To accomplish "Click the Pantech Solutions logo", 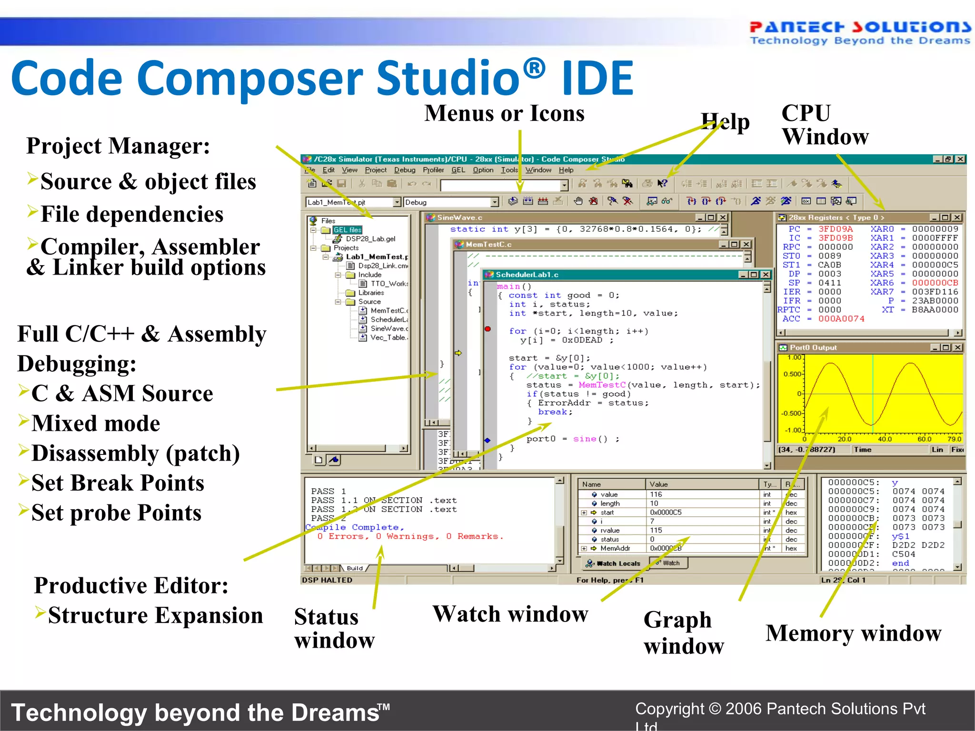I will (x=860, y=32).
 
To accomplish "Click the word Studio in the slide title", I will (x=448, y=79).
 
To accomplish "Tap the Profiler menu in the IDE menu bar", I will (x=433, y=170).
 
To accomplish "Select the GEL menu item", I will (x=458, y=170).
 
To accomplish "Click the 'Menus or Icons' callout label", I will (x=504, y=114).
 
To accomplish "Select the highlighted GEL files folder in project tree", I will (x=347, y=230).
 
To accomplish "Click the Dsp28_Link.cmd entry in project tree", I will (x=383, y=266).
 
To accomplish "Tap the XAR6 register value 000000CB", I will (x=935, y=283).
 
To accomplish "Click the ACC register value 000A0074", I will (x=841, y=319).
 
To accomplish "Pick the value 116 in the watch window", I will (x=656, y=494).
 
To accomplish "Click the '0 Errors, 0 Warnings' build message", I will (x=409, y=536).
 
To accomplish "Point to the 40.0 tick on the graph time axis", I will (x=885, y=439).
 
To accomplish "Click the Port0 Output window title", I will (x=813, y=348).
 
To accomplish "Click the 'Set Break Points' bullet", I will (x=118, y=483).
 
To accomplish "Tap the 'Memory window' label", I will (x=853, y=633).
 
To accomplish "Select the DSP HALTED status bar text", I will (x=327, y=580).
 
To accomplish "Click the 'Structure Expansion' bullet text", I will (x=155, y=615).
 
